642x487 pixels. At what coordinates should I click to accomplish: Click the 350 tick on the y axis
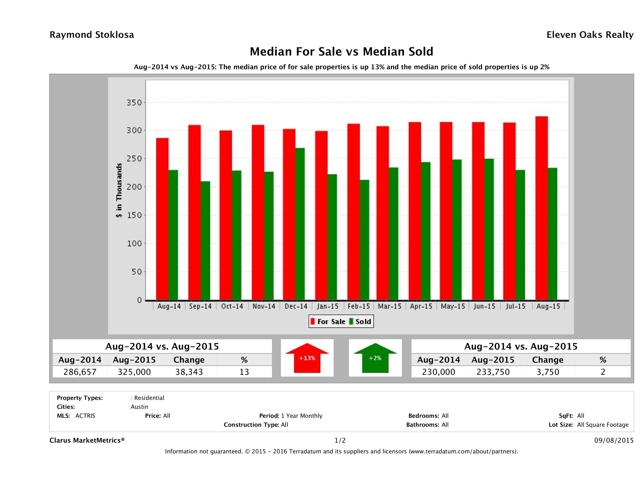[134, 103]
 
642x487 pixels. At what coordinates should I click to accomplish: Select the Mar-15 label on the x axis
[390, 306]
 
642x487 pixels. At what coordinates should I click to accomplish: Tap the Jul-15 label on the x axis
[515, 306]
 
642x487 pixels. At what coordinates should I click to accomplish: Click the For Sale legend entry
[328, 321]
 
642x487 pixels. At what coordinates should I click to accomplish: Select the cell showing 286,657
[80, 372]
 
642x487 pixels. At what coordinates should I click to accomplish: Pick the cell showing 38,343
[189, 372]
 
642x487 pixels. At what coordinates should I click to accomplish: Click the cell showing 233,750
[493, 372]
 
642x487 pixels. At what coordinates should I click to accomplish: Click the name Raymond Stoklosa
[92, 35]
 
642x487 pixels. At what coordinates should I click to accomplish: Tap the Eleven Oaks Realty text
[590, 35]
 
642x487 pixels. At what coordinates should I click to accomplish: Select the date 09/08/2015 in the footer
[614, 440]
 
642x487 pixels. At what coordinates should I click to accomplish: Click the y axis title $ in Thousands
[119, 190]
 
